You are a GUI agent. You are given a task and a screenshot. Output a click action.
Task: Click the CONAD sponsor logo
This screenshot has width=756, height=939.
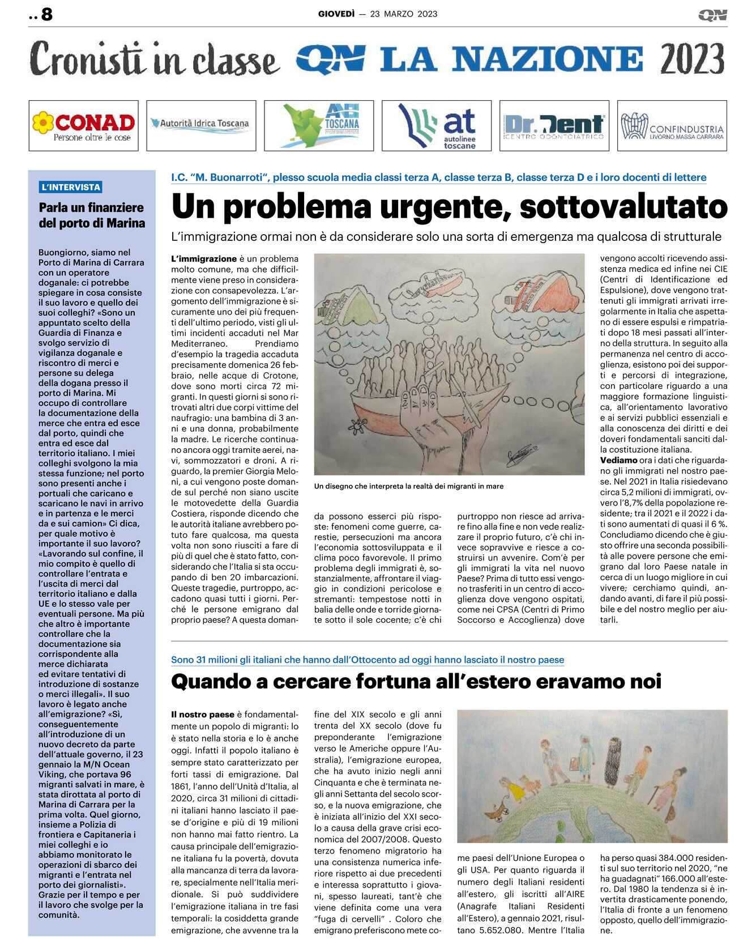pyautogui.click(x=84, y=126)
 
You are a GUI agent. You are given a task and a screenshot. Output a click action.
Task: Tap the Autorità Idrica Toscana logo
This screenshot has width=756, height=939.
pyautogui.click(x=201, y=125)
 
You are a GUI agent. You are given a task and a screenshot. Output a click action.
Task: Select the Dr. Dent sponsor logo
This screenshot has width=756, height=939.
pyautogui.click(x=554, y=126)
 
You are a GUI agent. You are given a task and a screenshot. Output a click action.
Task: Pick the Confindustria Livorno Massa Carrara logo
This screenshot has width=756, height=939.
pyautogui.click(x=672, y=126)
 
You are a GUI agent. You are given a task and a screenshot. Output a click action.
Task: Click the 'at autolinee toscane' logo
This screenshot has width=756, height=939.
pyautogui.click(x=437, y=126)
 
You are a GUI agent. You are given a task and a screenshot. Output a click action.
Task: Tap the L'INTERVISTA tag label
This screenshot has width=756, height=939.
pyautogui.click(x=71, y=187)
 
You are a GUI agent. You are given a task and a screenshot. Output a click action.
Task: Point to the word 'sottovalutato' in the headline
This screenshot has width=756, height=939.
pyautogui.click(x=623, y=206)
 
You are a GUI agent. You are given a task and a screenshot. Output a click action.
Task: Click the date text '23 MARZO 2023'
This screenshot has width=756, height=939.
pyautogui.click(x=404, y=14)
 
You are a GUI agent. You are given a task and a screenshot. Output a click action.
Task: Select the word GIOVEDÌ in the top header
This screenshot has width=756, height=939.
pyautogui.click(x=336, y=14)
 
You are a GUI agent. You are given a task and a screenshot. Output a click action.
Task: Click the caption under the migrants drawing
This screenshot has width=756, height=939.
pyautogui.click(x=408, y=486)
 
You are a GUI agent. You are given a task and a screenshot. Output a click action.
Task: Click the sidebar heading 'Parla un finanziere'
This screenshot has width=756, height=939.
pyautogui.click(x=91, y=207)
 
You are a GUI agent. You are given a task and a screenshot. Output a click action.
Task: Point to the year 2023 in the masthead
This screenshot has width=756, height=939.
pyautogui.click(x=691, y=59)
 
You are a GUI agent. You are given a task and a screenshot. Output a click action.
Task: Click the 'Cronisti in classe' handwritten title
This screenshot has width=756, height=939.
pyautogui.click(x=154, y=59)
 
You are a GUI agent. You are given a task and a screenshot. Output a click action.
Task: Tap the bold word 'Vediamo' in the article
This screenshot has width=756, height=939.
pyautogui.click(x=618, y=460)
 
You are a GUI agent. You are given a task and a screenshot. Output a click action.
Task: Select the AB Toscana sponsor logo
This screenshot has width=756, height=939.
pyautogui.click(x=319, y=126)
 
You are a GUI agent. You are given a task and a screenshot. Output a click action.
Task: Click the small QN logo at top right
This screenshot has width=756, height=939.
pyautogui.click(x=712, y=15)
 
